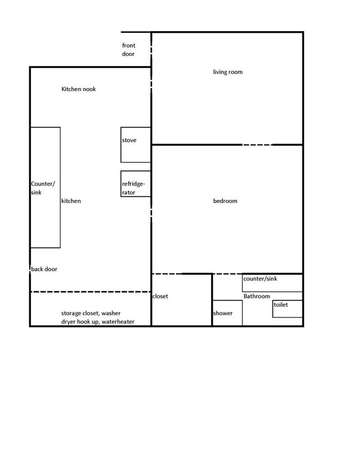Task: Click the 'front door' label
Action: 128,50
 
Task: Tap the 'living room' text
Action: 228,72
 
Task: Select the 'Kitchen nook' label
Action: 79,89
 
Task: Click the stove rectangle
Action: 136,145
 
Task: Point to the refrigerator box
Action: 136,184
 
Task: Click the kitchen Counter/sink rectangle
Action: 45,187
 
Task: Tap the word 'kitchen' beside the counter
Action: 71,201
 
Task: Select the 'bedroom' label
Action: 225,201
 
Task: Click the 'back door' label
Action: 44,269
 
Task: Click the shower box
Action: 227,313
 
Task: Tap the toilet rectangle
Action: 287,309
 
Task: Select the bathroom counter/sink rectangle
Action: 272,283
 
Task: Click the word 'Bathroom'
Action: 256,296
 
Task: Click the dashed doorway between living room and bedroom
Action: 257,145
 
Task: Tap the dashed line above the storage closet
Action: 90,291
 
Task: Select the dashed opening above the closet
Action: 167,274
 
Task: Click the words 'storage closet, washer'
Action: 90,313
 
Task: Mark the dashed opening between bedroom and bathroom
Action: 228,274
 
